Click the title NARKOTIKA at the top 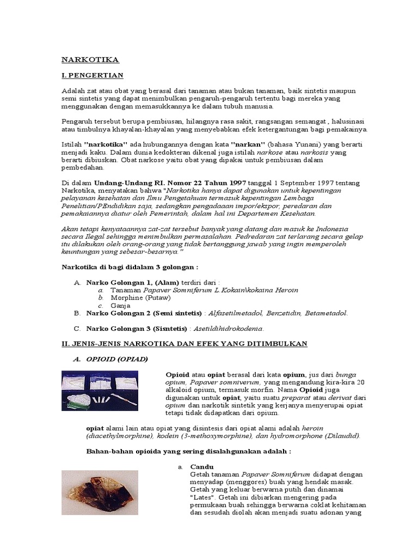click(x=90, y=59)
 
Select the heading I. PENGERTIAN click(x=92, y=75)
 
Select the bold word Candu click(x=202, y=468)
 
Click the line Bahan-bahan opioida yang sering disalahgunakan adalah click(x=189, y=452)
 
